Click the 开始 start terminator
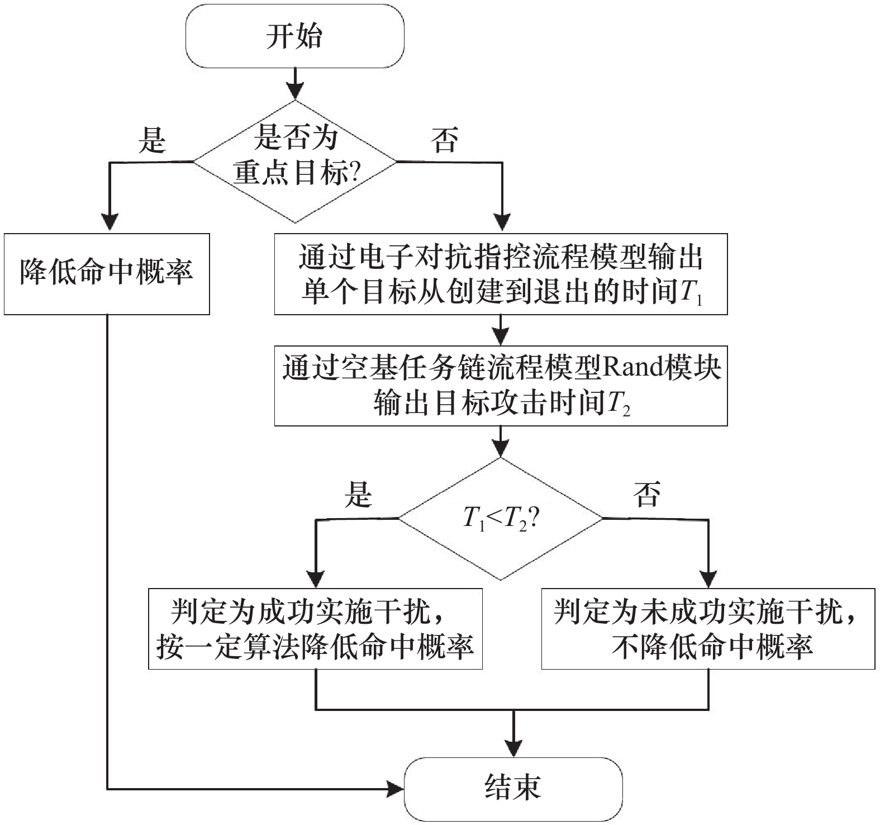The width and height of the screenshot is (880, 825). tap(294, 37)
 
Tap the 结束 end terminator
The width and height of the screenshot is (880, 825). tap(513, 788)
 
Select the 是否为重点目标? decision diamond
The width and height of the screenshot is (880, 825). tap(294, 162)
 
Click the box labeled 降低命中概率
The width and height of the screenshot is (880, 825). tap(107, 274)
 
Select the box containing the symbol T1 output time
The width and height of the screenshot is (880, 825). tap(501, 274)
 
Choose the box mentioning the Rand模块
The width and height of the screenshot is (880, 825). tap(501, 386)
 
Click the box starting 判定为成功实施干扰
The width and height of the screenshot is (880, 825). tap(315, 628)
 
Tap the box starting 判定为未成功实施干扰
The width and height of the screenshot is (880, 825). tap(708, 628)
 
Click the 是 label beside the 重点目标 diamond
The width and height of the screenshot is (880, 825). tap(153, 139)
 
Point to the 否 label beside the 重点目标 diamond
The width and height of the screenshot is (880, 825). tap(444, 139)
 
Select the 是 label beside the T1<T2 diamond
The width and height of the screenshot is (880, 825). tap(358, 494)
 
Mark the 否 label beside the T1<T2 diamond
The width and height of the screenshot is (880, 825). tap(647, 494)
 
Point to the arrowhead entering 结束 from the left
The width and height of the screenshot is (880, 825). tap(397, 789)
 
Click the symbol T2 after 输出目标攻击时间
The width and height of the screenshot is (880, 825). tap(618, 405)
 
